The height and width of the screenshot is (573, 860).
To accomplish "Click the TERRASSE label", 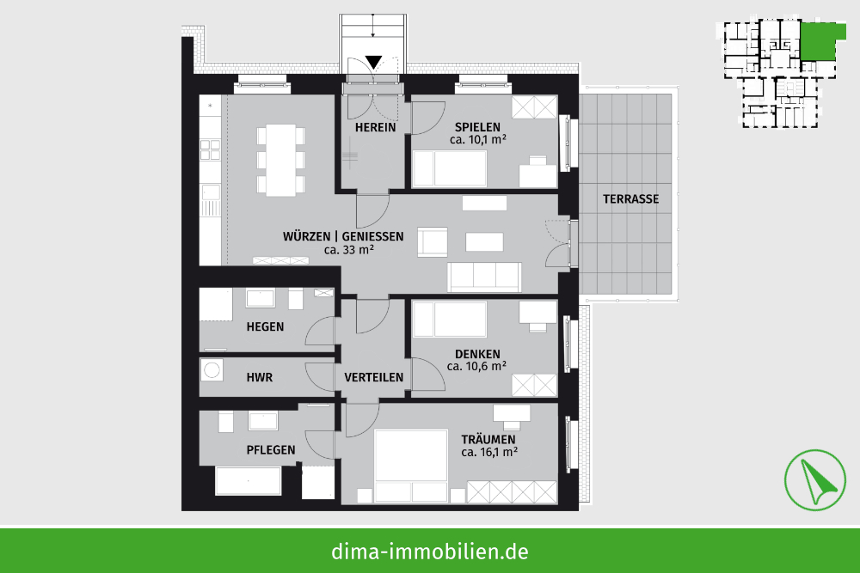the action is (630, 198).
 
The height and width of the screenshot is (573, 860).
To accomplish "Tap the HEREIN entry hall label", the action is (375, 128).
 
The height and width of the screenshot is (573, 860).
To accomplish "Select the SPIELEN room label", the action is (477, 127).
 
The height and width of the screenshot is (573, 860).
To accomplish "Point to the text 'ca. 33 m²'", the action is (349, 250).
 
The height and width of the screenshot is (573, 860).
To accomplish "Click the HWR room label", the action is (260, 377).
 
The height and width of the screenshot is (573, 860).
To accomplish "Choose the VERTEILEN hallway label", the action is (373, 377).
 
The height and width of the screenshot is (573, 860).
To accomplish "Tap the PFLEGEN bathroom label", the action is (271, 450).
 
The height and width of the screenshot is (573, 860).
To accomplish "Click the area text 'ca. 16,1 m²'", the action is (489, 453).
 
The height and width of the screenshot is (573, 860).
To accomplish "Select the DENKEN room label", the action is (477, 354).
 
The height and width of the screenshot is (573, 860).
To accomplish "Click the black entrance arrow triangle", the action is (373, 61).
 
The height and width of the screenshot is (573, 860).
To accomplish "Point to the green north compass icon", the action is (814, 480).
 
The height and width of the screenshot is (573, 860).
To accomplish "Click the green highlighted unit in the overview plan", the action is (820, 41).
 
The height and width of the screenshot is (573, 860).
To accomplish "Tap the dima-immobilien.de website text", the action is (429, 551).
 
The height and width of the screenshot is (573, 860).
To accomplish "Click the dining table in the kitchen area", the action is (281, 160).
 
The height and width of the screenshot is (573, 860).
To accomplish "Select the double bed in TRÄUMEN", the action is (411, 466).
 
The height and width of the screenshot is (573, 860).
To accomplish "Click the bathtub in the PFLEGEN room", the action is (249, 481).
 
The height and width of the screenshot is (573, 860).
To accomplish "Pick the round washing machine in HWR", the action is (212, 369).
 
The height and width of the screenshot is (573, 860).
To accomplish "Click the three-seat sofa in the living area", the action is (484, 277).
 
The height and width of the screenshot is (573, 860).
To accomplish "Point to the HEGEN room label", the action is (265, 327).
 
